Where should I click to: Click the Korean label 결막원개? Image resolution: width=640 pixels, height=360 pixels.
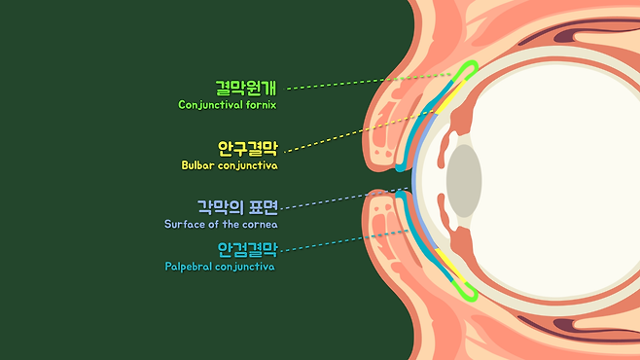tap(246, 88)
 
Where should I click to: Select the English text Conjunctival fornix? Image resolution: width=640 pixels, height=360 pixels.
tap(228, 105)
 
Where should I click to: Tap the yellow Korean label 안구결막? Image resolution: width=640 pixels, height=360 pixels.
tap(247, 149)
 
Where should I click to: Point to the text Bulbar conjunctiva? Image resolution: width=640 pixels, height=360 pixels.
tap(230, 165)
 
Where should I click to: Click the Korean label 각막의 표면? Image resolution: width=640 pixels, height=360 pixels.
tap(237, 207)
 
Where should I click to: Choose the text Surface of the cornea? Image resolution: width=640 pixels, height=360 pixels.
tap(221, 224)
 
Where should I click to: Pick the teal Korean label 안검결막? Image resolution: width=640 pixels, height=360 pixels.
tap(247, 249)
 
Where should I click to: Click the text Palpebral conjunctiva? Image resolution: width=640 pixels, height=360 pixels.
tap(220, 267)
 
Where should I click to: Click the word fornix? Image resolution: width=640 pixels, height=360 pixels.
tap(262, 105)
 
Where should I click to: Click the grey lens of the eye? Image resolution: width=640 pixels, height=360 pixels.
tap(464, 181)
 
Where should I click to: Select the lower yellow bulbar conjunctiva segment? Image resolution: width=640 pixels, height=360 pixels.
tap(449, 265)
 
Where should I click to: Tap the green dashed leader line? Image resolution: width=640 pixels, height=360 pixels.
tap(368, 81)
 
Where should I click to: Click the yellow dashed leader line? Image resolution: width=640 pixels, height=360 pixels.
tap(359, 131)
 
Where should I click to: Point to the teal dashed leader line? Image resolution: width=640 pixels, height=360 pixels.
tap(345, 240)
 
